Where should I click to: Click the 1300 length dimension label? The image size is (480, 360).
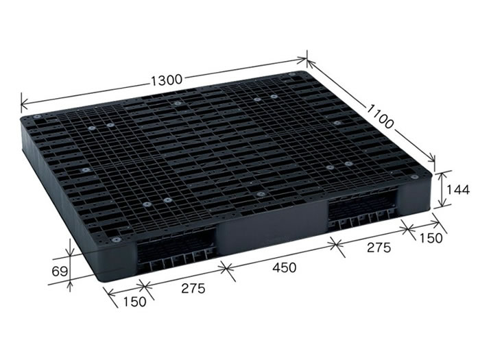(x=167, y=80)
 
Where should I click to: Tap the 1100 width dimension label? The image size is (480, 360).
(x=380, y=117)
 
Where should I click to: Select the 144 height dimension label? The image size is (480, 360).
(x=457, y=190)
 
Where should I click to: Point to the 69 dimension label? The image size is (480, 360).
(x=59, y=272)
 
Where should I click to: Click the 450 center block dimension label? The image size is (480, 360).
(x=285, y=267)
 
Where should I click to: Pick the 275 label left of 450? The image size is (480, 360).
(x=193, y=288)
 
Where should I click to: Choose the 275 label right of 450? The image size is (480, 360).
(x=379, y=248)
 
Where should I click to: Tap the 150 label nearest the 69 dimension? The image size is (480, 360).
(x=134, y=302)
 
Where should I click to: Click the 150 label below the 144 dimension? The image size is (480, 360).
(x=431, y=238)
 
